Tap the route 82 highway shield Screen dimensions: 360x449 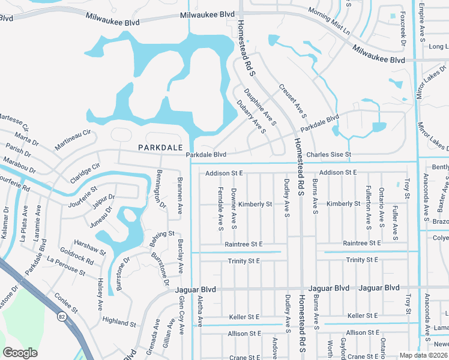click(62, 315)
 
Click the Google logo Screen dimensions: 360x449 click(20, 352)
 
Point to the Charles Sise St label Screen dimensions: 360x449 click(328, 155)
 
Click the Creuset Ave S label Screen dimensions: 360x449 click(292, 100)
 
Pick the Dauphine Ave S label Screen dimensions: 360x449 click(260, 107)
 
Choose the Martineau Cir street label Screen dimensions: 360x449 click(72, 140)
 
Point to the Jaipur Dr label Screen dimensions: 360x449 click(103, 197)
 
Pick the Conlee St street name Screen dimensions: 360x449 click(66, 302)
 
